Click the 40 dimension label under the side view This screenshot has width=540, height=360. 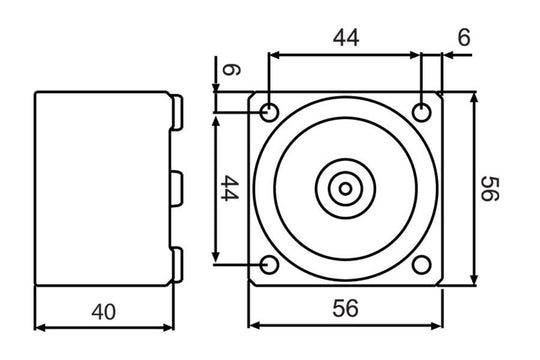[103, 312]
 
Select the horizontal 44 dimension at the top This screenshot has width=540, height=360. [345, 39]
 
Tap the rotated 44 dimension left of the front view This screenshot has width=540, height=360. [228, 187]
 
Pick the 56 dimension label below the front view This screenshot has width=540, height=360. [345, 310]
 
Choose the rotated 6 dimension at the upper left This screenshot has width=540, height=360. [229, 71]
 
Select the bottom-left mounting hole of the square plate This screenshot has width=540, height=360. [268, 265]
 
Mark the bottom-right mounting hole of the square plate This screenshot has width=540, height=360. [423, 265]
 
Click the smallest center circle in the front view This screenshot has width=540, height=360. [345, 188]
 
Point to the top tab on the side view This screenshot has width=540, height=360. [178, 113]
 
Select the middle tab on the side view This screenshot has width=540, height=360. [178, 187]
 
